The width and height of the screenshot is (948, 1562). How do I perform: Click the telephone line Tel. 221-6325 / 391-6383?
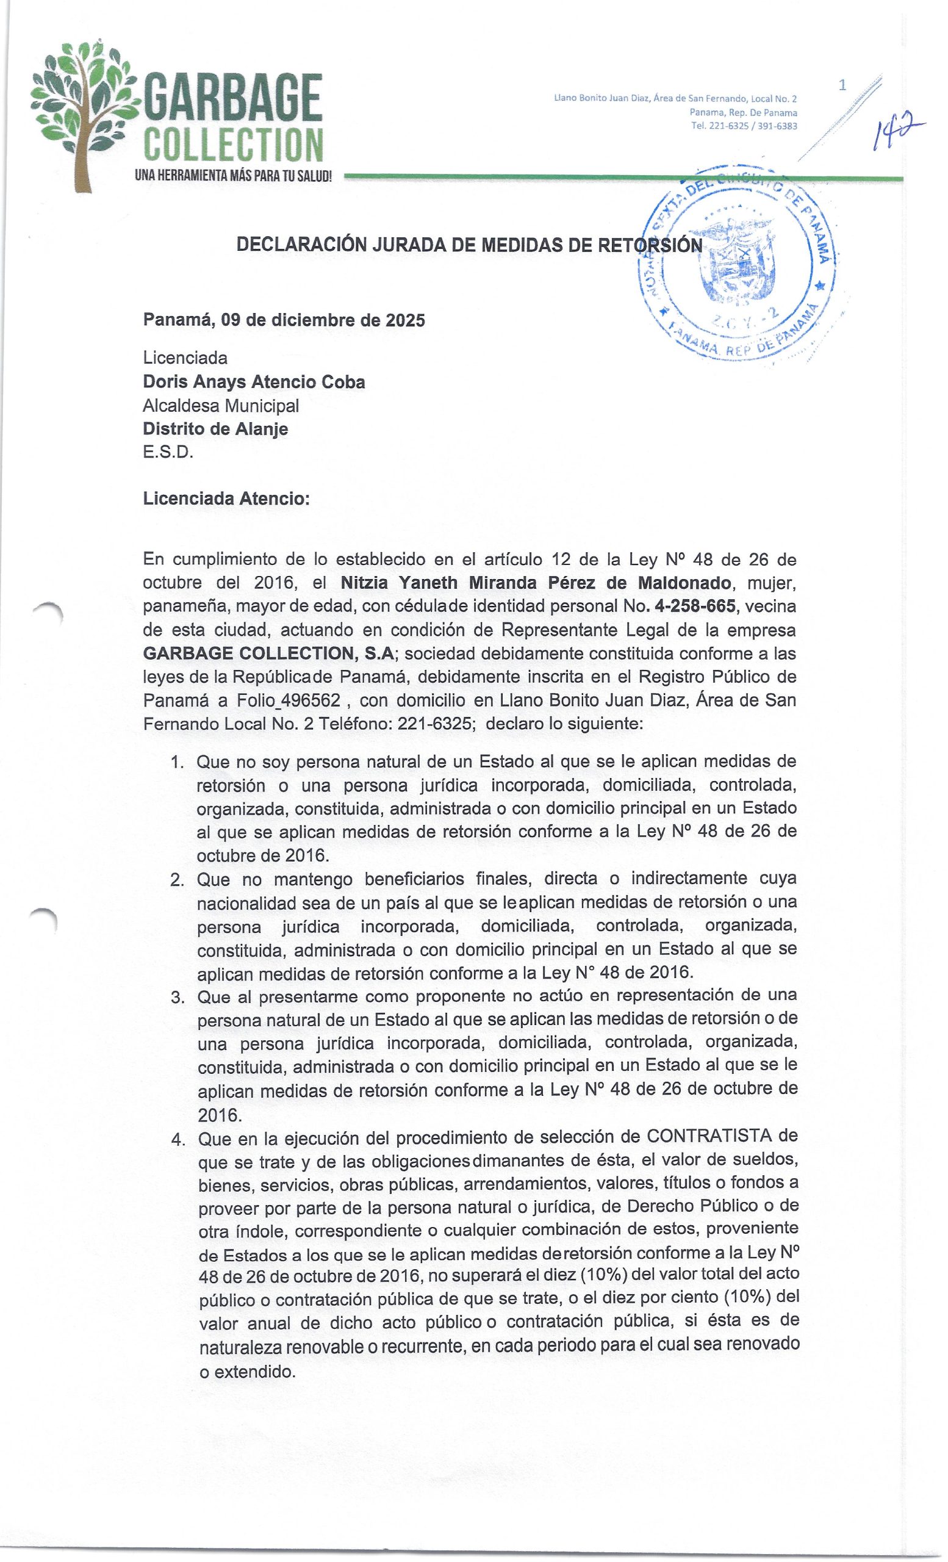(744, 126)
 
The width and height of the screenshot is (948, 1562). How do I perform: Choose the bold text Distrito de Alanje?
(215, 428)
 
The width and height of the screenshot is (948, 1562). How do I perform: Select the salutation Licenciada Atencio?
(226, 498)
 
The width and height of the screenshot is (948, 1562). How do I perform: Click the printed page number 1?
(842, 85)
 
